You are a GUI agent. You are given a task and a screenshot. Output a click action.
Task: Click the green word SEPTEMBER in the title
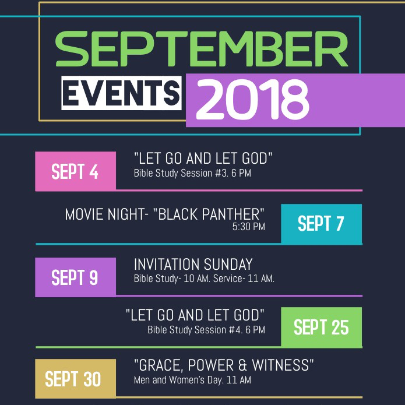point(202,50)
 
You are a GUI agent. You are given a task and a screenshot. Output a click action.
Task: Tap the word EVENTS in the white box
point(121,93)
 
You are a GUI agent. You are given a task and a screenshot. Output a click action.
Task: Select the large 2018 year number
point(252,100)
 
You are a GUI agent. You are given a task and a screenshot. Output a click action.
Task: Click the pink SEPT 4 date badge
point(75,171)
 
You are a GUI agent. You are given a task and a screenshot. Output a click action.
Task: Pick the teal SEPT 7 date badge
point(321,223)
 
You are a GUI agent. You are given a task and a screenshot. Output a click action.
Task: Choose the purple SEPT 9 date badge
point(75,277)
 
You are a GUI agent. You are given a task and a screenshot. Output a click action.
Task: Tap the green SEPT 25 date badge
point(321,327)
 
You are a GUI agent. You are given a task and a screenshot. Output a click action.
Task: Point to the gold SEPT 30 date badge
point(73,379)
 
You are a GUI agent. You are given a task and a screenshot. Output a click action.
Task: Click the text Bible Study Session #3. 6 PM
point(192,173)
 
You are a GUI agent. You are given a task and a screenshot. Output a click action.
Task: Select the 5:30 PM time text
point(248,227)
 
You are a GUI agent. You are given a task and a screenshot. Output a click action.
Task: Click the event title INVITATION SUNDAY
point(193,264)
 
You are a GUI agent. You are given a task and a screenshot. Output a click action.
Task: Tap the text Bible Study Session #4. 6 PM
point(206,330)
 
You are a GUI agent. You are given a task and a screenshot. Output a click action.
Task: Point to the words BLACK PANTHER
point(209,214)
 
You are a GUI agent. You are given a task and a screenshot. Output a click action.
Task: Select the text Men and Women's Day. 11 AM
point(192,380)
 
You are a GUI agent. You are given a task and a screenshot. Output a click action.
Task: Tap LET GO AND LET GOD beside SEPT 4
point(203,158)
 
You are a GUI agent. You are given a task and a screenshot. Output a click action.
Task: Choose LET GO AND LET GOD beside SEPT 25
point(195,315)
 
